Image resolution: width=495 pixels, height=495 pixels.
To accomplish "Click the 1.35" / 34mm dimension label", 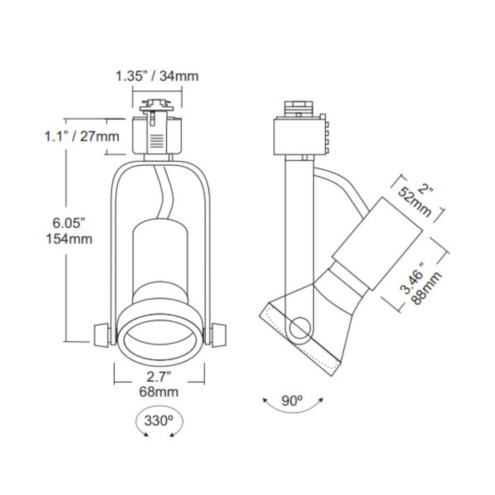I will pos(157,76).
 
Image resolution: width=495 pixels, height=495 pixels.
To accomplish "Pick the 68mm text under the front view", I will pos(159,393).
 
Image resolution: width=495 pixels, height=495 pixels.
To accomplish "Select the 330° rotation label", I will pos(159,421).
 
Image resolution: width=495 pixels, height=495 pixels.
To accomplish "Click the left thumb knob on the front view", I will pos(100,335).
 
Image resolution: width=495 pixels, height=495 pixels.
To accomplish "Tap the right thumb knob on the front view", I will pos(218,335).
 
